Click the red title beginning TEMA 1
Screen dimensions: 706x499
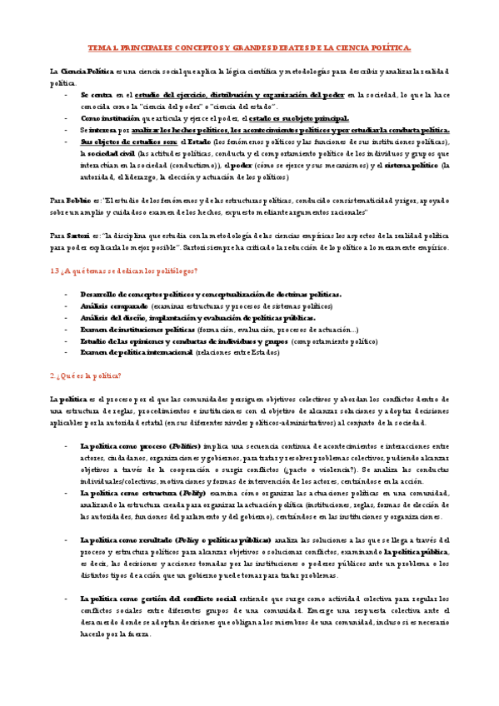click(x=249, y=48)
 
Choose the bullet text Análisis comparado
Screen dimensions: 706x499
click(x=108, y=306)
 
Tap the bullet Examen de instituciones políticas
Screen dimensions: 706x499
click(x=136, y=330)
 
